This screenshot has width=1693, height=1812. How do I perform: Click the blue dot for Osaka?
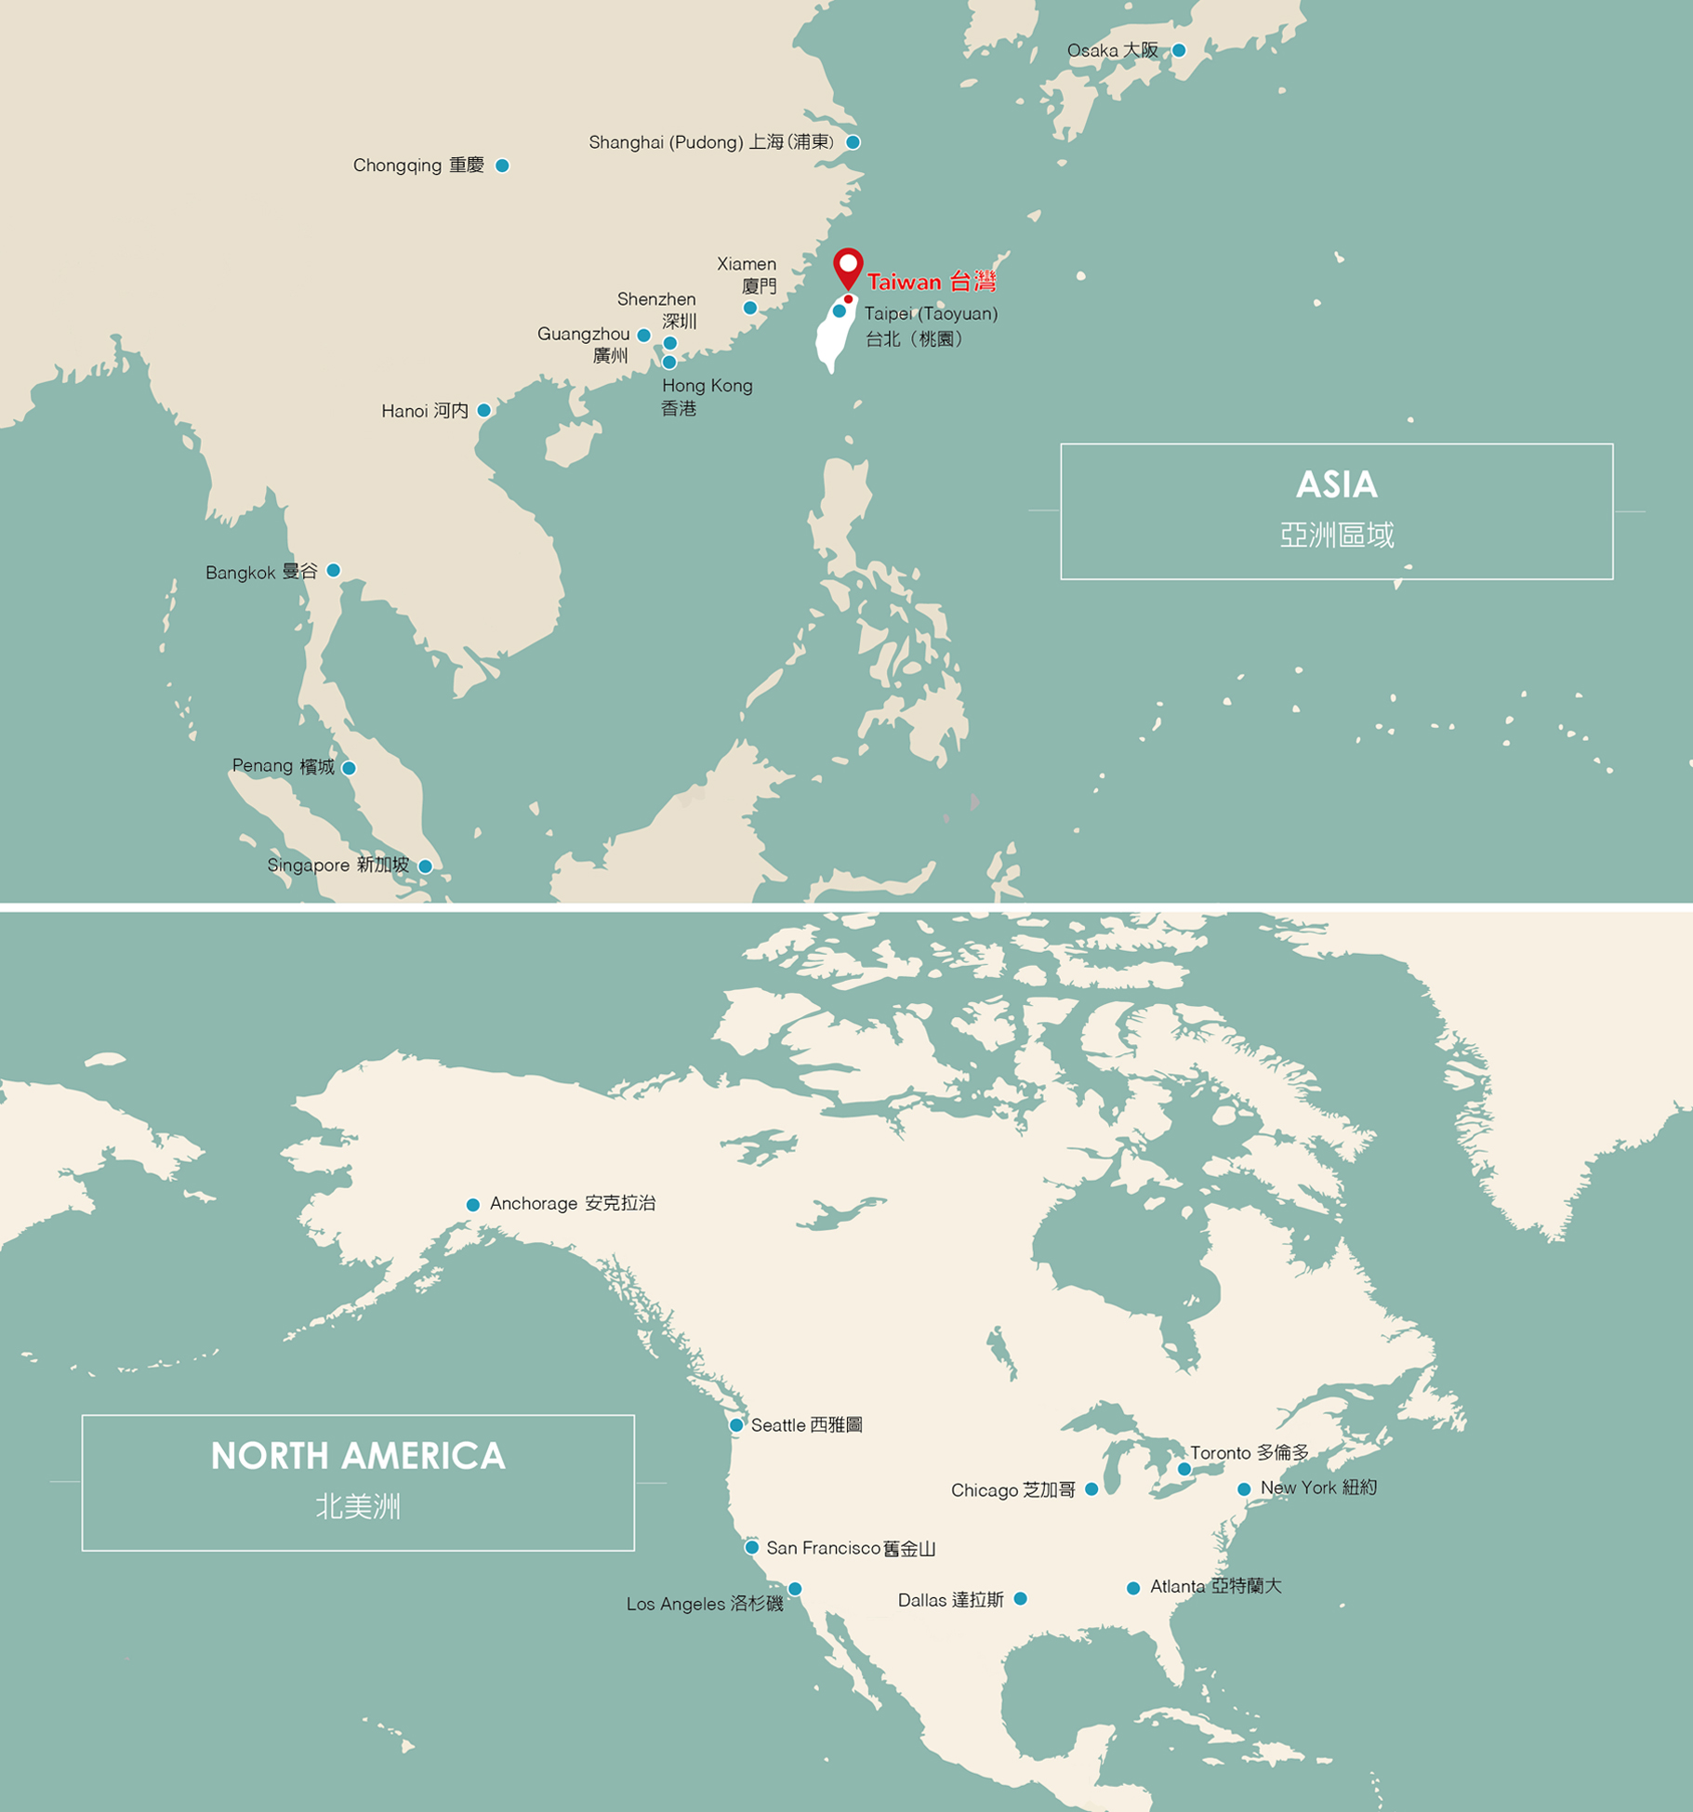[1178, 50]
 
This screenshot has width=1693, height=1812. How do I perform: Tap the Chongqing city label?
[417, 165]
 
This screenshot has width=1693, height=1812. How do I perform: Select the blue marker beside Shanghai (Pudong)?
[853, 142]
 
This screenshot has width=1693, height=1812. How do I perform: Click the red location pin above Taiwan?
[848, 267]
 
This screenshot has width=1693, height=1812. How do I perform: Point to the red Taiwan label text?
[931, 282]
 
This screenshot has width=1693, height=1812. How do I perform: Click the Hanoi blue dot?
[483, 410]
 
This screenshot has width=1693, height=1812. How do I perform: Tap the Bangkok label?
[261, 572]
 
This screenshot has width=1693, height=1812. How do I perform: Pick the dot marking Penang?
[349, 768]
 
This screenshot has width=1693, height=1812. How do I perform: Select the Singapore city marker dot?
[425, 866]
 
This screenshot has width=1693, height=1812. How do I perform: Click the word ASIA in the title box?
[1336, 484]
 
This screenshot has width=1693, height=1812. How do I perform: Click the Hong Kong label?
[707, 396]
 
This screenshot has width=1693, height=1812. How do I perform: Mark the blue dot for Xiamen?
[749, 308]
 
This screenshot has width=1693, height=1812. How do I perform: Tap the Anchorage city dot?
[472, 1205]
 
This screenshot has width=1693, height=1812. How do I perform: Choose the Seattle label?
[806, 1425]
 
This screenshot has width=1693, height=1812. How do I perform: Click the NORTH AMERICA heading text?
[358, 1456]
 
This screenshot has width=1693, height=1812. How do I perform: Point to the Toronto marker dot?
[1184, 1470]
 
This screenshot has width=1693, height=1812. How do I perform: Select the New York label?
[1317, 1488]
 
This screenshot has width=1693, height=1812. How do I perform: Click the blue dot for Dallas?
[1020, 1599]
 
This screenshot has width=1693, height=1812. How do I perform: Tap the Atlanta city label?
[1215, 1586]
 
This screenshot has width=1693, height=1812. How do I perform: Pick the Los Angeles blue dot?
[795, 1589]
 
